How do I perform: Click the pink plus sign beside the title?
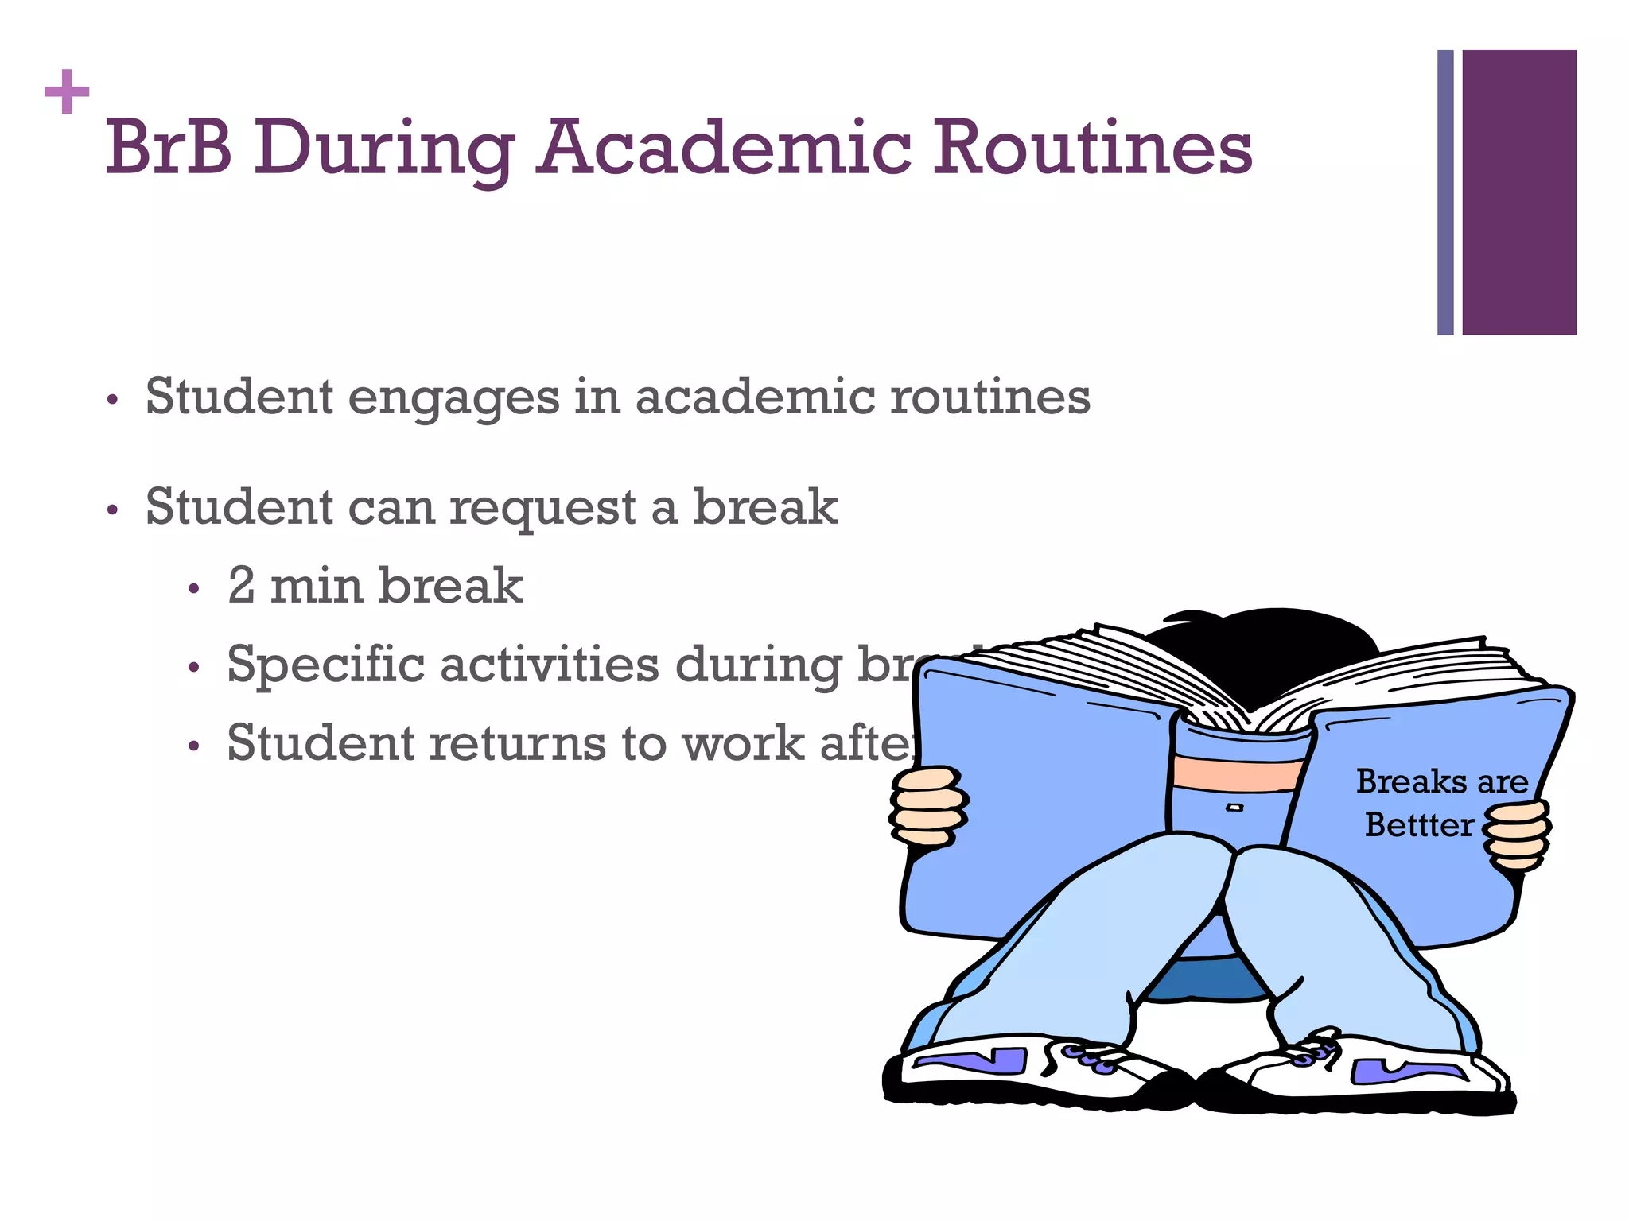[67, 92]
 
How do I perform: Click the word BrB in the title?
[169, 148]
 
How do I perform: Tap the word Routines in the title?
[1091, 148]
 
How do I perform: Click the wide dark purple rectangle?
[1518, 192]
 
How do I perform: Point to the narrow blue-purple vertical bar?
[1445, 192]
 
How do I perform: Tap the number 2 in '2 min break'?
[241, 586]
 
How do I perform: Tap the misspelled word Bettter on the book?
[1419, 825]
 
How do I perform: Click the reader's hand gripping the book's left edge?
[927, 805]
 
